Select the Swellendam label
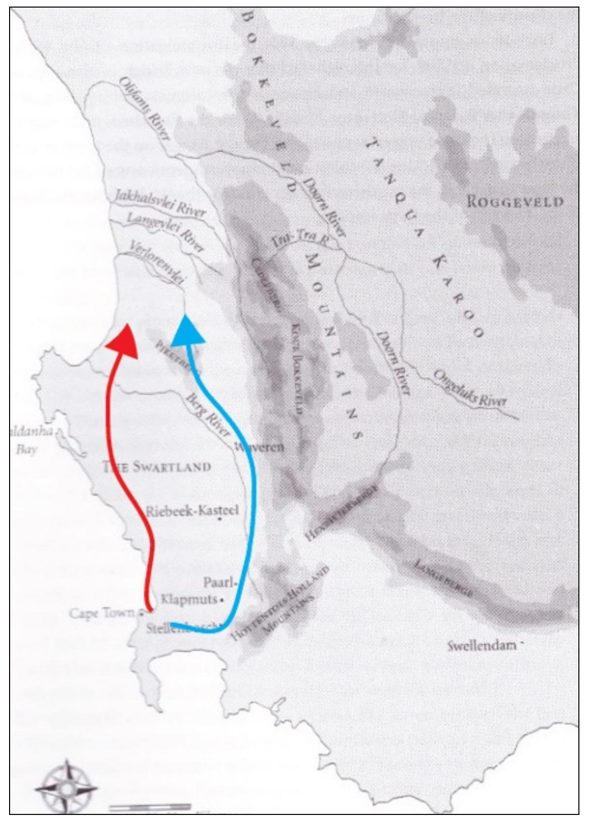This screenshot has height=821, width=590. tap(482, 646)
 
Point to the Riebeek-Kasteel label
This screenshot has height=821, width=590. tap(192, 510)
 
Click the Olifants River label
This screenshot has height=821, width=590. tap(144, 108)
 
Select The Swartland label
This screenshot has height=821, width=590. tap(157, 466)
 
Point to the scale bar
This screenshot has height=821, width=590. tap(150, 806)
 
